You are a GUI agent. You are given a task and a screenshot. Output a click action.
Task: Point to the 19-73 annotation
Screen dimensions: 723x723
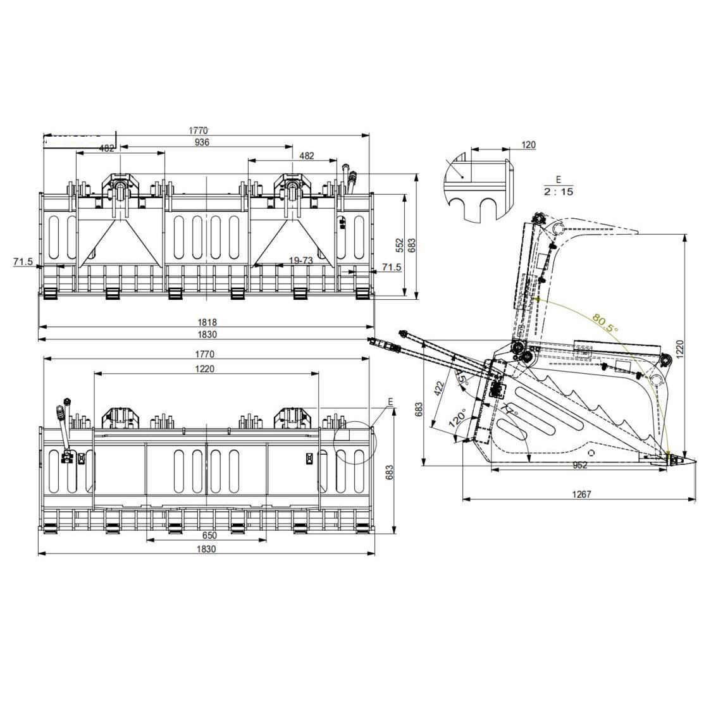pos(300,261)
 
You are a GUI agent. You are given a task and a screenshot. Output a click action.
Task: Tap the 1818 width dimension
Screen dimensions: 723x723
pos(206,323)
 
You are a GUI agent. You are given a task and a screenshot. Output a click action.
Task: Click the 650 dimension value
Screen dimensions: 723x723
pos(206,536)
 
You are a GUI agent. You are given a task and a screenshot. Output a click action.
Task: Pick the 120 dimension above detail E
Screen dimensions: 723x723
pos(528,145)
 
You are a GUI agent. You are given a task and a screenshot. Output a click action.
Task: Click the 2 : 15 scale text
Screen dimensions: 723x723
pos(558,192)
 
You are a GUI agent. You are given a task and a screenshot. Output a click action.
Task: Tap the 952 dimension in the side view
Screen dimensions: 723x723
pos(579,465)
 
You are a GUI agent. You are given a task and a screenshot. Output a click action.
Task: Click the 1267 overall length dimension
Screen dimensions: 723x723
pos(581,494)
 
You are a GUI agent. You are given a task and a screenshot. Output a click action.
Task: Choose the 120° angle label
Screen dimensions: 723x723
pos(457,419)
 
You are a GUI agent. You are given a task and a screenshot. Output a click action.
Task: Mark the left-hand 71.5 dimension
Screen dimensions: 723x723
pos(23,261)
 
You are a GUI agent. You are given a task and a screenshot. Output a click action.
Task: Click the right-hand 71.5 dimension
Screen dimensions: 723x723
pos(391,268)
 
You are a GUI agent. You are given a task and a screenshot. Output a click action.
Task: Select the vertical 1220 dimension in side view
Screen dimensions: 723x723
pos(680,347)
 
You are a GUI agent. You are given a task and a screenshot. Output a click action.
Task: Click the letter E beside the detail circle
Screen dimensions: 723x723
pos(390,402)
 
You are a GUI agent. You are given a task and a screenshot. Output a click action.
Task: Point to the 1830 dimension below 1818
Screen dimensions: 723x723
pos(206,335)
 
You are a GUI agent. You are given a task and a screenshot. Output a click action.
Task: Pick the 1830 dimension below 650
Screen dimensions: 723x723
pos(206,549)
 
